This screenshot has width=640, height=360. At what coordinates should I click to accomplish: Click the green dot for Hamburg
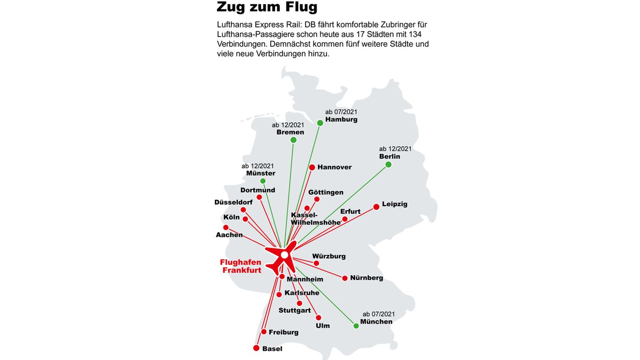pos(320,123)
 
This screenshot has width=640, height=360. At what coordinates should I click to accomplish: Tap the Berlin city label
pos(389,156)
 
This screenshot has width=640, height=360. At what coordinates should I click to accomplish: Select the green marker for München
pos(356,326)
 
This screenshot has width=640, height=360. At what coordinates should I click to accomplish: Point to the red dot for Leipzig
pos(376,207)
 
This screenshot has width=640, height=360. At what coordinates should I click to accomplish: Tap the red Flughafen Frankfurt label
pos(241,266)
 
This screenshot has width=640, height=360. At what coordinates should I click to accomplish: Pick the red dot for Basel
pos(256,348)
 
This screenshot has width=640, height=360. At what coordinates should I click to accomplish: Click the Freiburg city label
pos(284,332)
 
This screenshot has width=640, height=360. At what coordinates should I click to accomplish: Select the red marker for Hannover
pos(312,168)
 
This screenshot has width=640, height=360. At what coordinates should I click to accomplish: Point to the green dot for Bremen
pos(293,140)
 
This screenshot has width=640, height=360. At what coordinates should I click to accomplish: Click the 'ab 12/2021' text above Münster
pos(258,166)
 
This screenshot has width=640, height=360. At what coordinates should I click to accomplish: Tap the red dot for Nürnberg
pos(345,278)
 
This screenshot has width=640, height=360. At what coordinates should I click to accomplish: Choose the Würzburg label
pos(328,256)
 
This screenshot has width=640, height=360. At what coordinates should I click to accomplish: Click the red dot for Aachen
pos(226,228)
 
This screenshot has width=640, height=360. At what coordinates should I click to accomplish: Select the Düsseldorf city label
pos(233,202)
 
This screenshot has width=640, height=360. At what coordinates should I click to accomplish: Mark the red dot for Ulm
pos(318,318)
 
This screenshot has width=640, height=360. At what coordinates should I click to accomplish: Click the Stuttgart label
pos(295,310)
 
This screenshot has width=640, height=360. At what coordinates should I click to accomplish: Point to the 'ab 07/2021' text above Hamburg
pos(341,112)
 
